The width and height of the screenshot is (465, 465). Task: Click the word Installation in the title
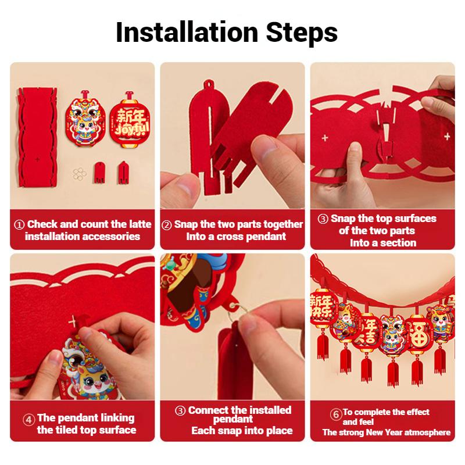187,33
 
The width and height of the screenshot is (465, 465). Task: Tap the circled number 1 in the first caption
19,225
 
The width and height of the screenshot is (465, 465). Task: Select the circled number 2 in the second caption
167,225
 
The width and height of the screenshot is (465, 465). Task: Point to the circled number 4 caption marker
28,420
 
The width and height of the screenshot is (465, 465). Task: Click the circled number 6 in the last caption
336,414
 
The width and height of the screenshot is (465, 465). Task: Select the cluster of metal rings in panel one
80,174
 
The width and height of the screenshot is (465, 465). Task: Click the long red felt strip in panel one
38,137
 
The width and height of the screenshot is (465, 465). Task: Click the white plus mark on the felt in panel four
72,321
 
